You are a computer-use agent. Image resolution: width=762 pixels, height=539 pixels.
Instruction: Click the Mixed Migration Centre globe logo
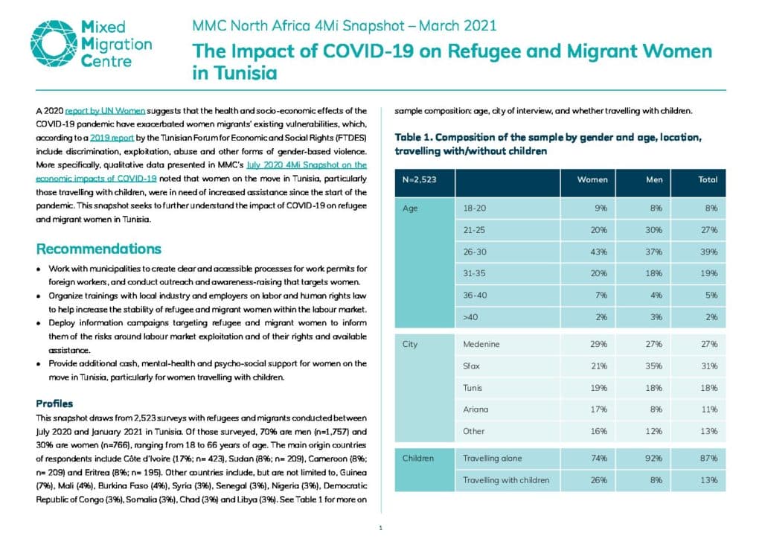point(54,43)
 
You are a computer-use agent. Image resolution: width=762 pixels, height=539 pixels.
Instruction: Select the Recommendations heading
point(99,249)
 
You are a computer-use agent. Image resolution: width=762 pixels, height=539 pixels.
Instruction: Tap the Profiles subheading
point(54,404)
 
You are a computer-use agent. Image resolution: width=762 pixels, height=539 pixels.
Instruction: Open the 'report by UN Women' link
point(105,111)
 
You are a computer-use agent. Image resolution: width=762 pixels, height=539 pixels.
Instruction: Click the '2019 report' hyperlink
point(112,138)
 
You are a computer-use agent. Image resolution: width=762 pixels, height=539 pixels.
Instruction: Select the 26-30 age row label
point(475,252)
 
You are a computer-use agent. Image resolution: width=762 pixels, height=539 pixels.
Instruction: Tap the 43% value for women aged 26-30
point(599,252)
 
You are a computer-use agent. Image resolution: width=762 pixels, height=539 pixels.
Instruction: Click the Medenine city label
point(481,344)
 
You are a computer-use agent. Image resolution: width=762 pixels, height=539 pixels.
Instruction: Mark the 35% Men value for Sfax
point(653,366)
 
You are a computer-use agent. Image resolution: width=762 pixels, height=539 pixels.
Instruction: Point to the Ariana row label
point(476,409)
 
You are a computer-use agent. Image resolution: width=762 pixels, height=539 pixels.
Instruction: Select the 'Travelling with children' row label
point(506,480)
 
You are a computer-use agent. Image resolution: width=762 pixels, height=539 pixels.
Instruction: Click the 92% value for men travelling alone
point(653,459)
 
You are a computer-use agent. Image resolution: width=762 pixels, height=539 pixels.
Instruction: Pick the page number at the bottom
point(380,528)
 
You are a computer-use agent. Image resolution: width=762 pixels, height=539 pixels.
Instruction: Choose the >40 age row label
point(470,317)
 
